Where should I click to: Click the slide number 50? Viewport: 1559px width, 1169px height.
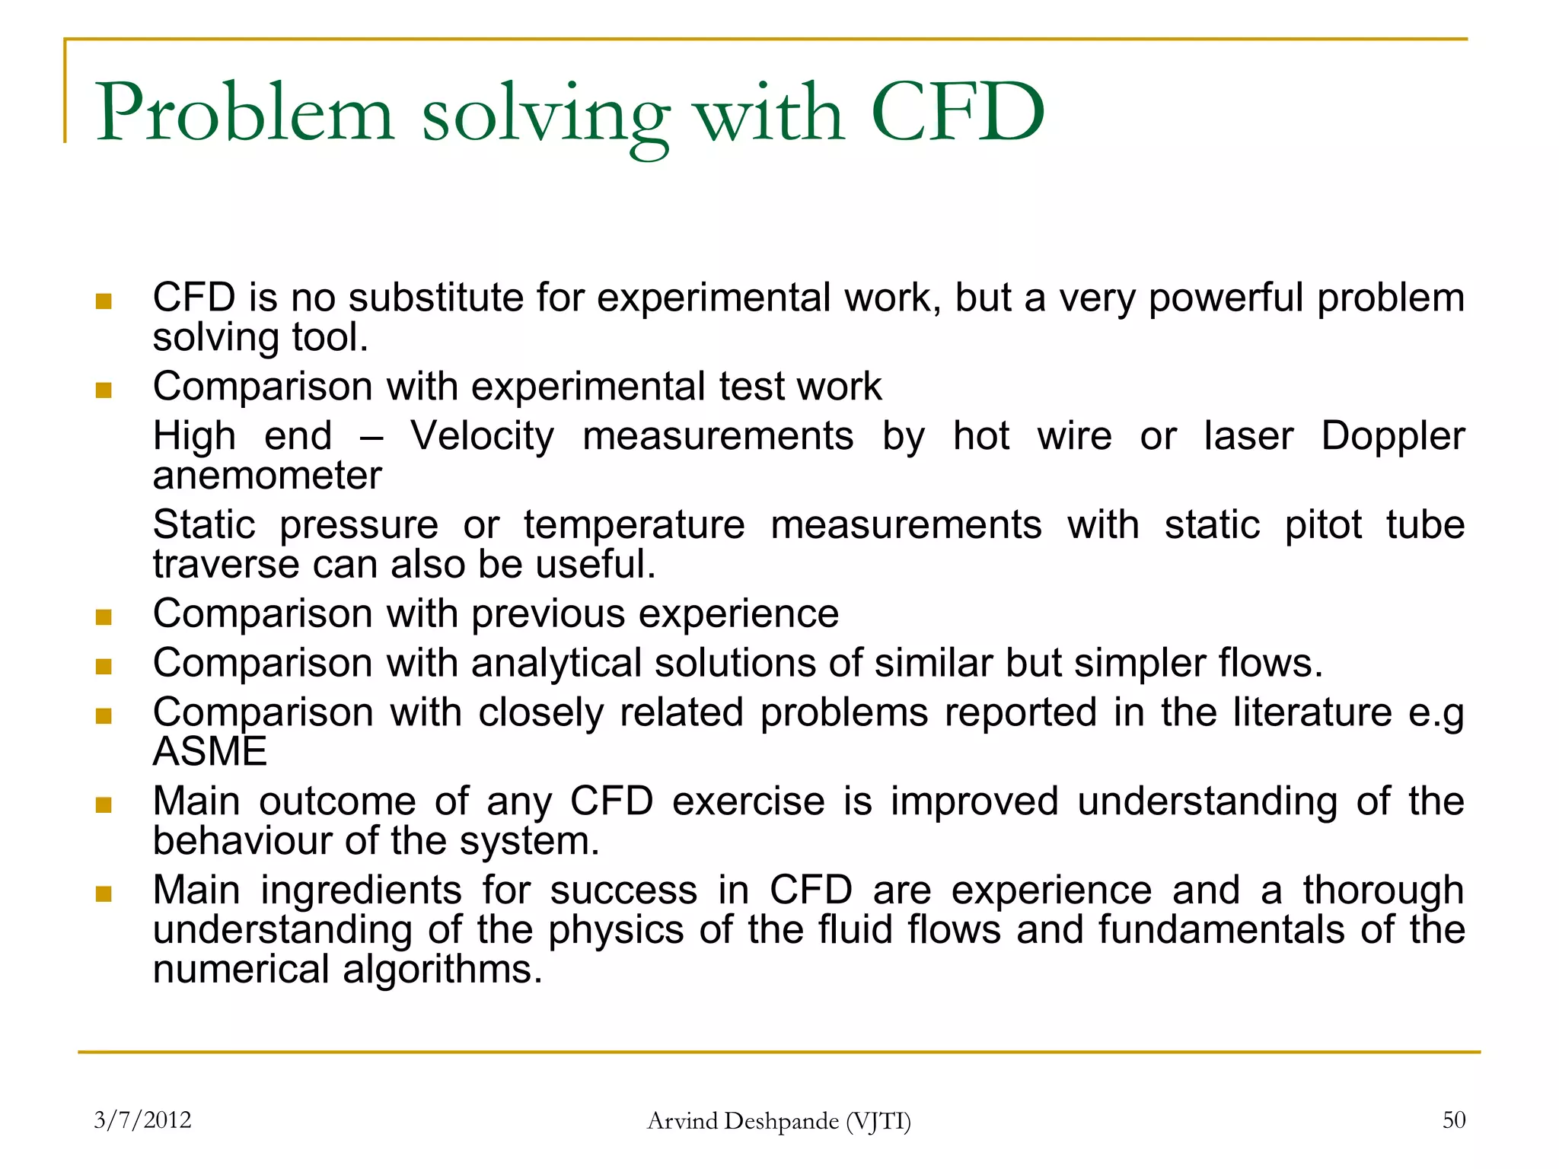click(1453, 1120)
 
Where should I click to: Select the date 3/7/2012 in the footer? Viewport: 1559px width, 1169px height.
click(142, 1120)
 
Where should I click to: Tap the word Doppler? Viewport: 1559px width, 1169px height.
click(1392, 436)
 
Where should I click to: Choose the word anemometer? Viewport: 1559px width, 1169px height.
click(267, 476)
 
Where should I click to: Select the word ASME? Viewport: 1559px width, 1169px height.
click(210, 752)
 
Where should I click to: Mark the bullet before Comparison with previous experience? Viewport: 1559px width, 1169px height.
click(104, 616)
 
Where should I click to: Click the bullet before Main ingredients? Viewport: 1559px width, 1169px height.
click(104, 893)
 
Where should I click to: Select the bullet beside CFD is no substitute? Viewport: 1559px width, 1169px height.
click(104, 302)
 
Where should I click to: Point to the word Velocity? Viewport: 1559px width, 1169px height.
click(482, 437)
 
